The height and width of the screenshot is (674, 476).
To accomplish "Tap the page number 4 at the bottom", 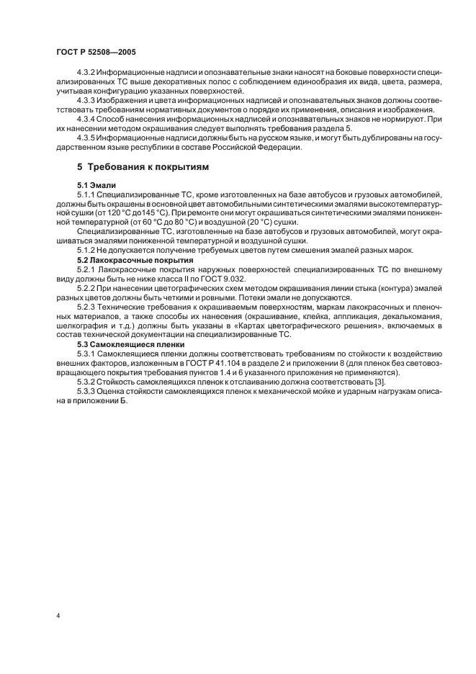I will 58,616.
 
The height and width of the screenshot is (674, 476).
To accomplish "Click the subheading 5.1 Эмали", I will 96,185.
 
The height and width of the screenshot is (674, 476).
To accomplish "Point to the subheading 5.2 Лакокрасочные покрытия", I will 135,259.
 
